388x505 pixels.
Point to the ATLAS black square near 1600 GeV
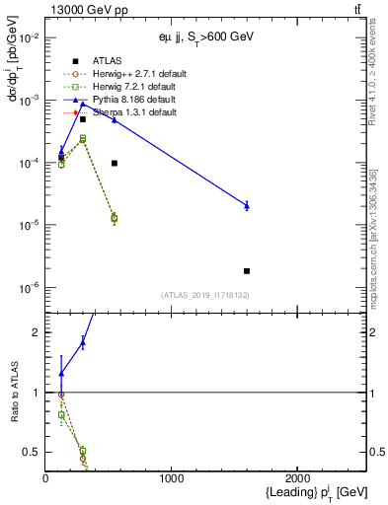(x=247, y=270)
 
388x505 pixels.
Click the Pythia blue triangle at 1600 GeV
(x=247, y=205)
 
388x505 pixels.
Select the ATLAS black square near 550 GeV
(x=115, y=163)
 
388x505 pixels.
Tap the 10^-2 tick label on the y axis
(x=29, y=37)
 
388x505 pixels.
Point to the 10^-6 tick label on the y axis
(x=29, y=288)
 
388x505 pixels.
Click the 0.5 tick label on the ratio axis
(x=32, y=452)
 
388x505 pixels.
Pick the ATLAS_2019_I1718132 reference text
(x=204, y=295)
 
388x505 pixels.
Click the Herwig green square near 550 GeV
(x=115, y=218)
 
